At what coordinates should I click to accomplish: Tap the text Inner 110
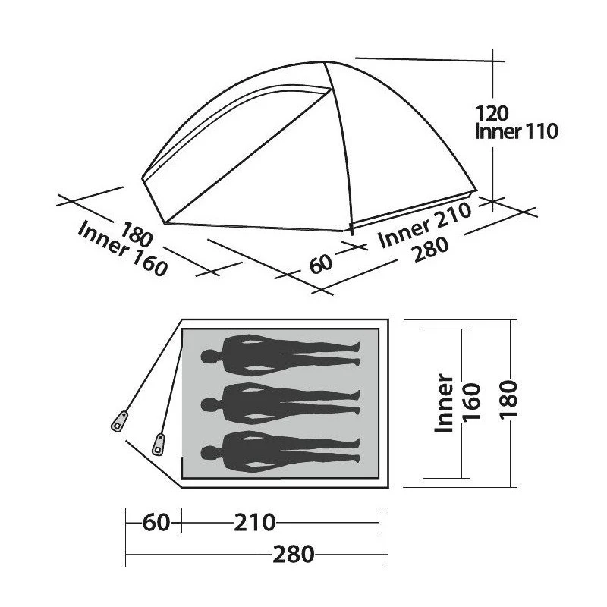coord(516,132)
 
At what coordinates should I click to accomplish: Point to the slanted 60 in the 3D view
coord(321,263)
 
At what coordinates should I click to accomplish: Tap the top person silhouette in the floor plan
coord(281,354)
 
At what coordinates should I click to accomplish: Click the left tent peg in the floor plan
coord(119,421)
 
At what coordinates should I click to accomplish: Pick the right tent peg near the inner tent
coord(159,443)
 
